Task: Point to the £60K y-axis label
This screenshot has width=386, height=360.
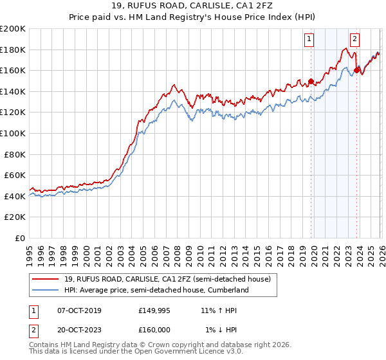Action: pyautogui.click(x=14, y=175)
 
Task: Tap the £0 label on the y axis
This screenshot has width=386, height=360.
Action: pyautogui.click(x=20, y=238)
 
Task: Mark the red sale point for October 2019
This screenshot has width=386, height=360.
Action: pyautogui.click(x=311, y=81)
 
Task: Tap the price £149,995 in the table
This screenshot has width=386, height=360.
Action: pyautogui.click(x=154, y=310)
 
